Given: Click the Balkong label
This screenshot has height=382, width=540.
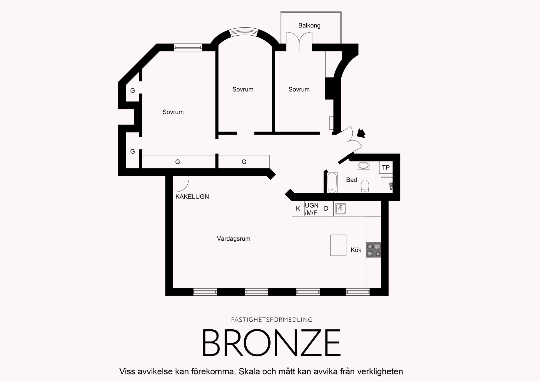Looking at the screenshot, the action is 309,26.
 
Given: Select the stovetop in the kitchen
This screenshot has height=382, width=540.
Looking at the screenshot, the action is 373,250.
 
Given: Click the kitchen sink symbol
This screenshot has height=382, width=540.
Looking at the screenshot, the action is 341,208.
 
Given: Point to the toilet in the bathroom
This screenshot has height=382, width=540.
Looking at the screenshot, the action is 365,186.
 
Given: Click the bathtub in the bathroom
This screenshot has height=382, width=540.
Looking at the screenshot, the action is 332,183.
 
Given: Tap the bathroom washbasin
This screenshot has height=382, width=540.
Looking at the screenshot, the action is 363,165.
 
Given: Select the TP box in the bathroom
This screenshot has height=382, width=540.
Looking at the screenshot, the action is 386,167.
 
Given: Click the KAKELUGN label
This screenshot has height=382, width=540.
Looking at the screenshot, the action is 192,197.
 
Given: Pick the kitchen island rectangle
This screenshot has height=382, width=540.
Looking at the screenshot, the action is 338,245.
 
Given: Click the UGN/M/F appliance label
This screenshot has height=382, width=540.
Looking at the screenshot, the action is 312,209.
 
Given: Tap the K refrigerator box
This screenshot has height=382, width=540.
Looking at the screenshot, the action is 298,208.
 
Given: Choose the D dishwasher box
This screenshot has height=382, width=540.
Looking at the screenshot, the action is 326,208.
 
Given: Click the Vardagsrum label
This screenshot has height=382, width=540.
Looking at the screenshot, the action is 234,239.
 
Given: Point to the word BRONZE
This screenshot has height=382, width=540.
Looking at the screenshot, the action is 272,343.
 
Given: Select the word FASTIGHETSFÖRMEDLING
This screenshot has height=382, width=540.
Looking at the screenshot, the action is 272,320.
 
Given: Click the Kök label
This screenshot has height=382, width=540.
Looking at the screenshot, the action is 356,250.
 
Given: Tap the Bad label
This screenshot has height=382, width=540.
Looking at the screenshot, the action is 352,180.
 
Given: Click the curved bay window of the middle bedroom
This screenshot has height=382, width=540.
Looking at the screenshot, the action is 244,32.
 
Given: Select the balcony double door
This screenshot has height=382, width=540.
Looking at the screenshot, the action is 299,41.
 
